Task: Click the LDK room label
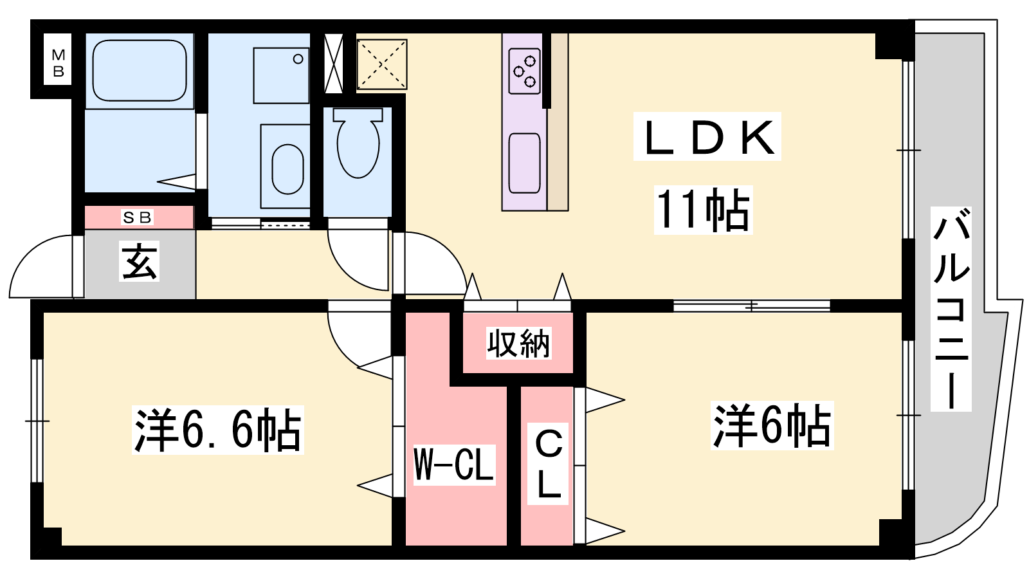click(x=707, y=137)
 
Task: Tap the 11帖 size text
click(x=704, y=210)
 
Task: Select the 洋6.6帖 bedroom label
click(x=218, y=430)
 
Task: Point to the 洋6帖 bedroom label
click(x=772, y=425)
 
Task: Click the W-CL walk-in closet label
click(x=454, y=465)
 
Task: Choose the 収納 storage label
click(x=518, y=344)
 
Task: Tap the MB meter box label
click(x=58, y=64)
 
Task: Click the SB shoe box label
click(x=137, y=217)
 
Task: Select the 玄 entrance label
click(x=139, y=261)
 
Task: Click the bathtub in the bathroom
click(x=140, y=70)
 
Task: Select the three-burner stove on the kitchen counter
click(x=525, y=71)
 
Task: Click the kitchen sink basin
click(x=525, y=163)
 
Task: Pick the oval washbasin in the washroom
click(x=287, y=169)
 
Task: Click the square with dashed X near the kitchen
click(x=382, y=64)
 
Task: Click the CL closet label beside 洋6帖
click(x=548, y=464)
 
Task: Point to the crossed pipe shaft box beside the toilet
click(x=334, y=64)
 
